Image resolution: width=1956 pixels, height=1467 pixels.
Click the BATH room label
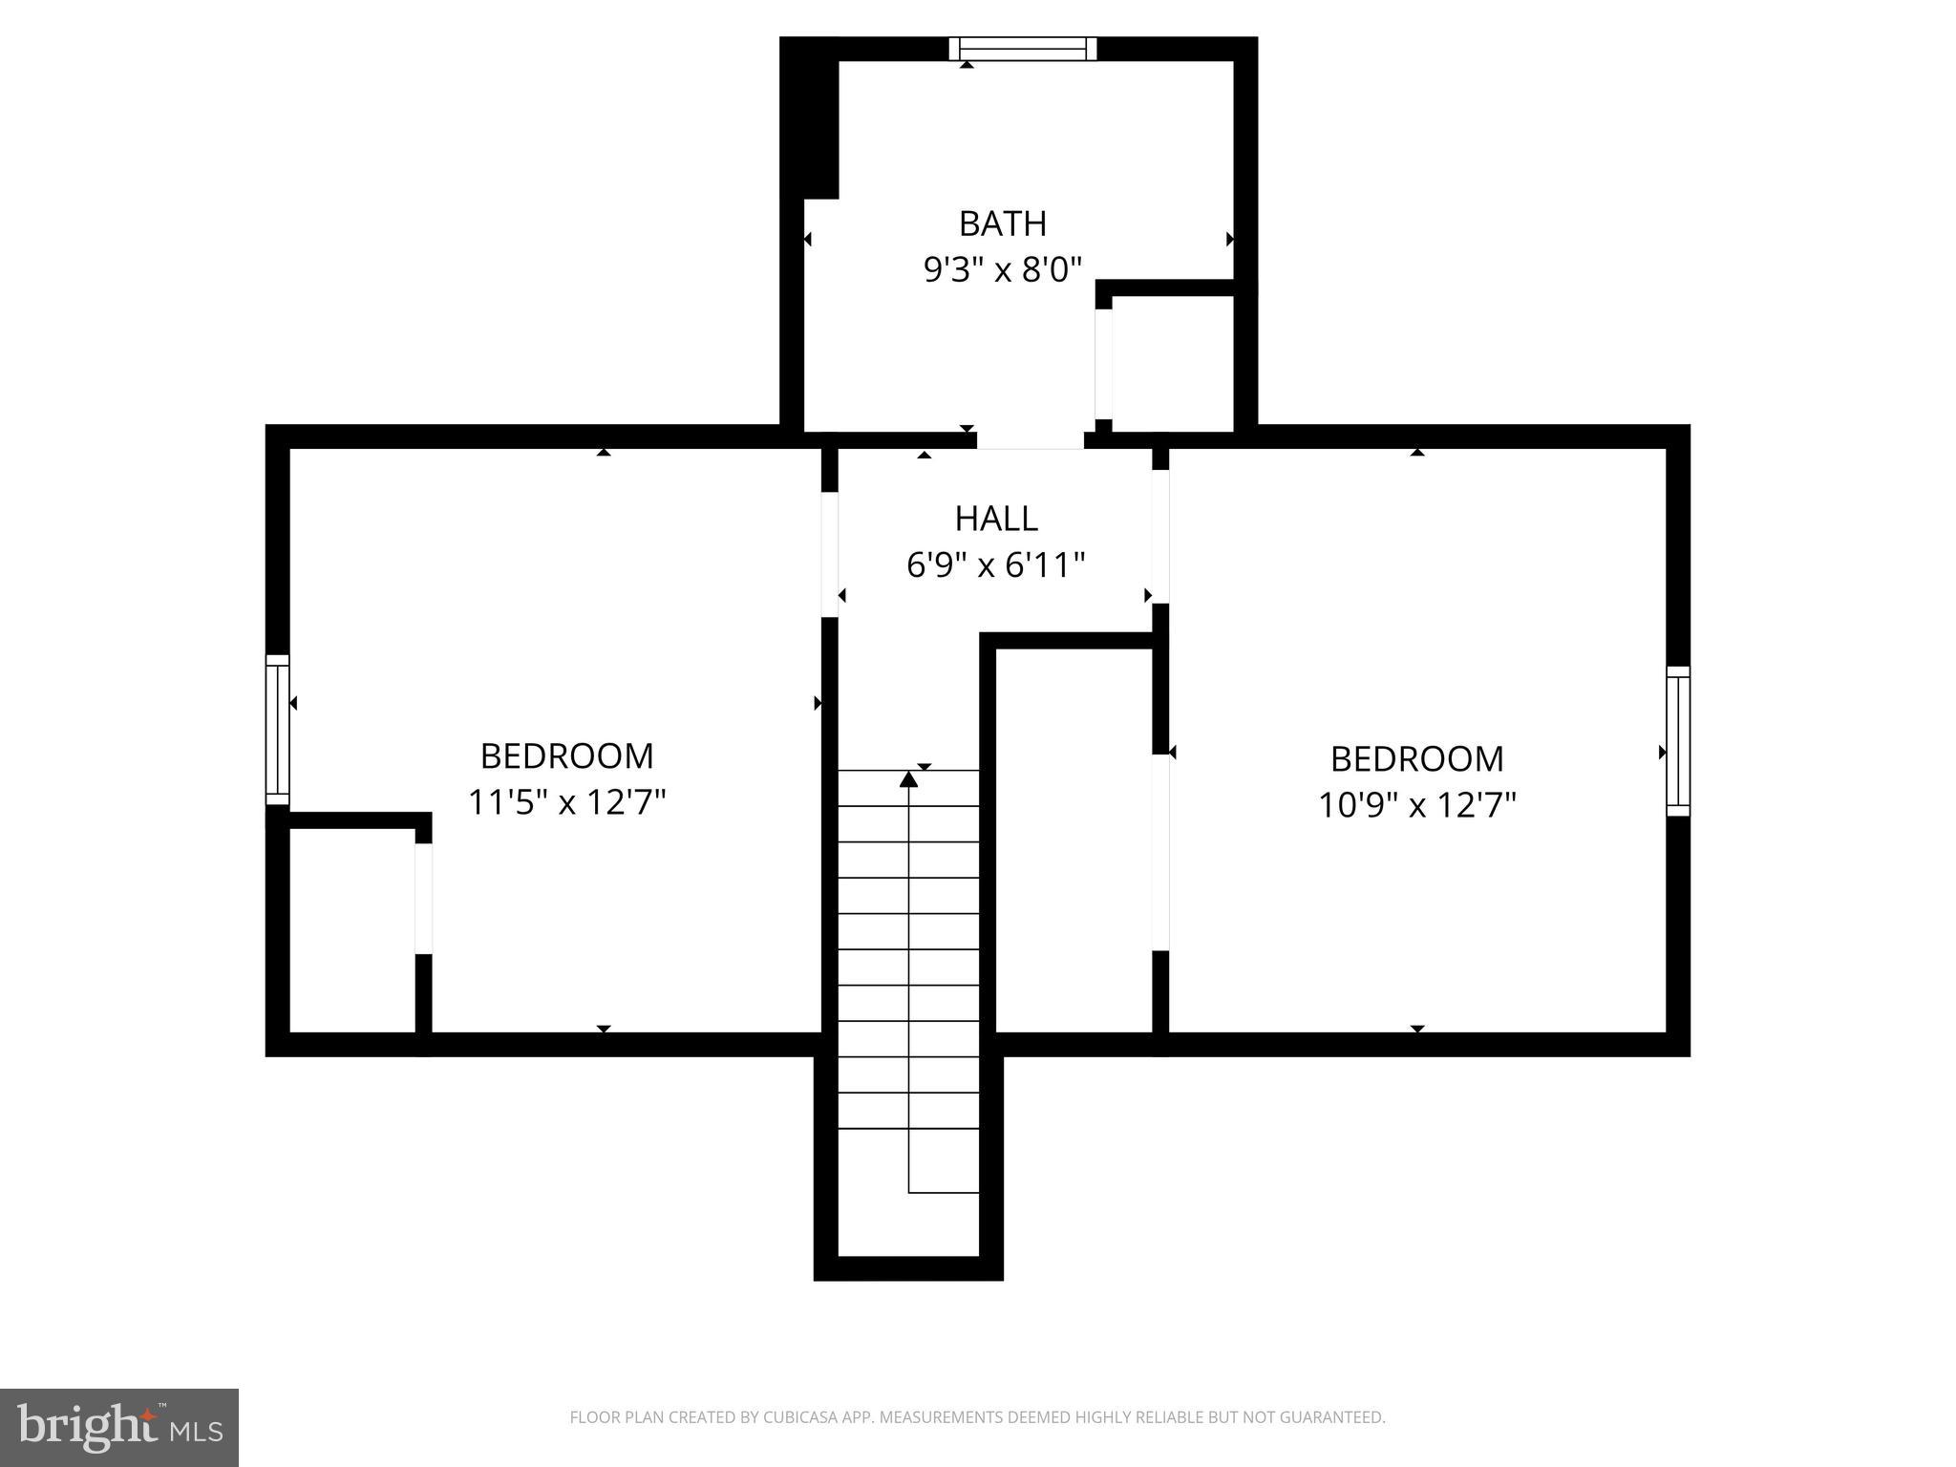1002,223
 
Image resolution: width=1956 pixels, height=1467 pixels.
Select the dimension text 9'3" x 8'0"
1002,270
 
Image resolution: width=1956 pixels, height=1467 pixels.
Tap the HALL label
995,519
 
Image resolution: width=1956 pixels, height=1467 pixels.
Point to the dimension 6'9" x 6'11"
995,565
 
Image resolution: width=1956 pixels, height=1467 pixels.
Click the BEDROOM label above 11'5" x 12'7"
566,756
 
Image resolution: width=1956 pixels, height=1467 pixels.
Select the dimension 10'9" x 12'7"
1416,806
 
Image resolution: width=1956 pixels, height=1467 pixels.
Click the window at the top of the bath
1023,49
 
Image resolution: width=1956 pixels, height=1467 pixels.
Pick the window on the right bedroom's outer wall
1678,741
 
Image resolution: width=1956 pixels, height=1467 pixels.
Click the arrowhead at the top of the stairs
908,780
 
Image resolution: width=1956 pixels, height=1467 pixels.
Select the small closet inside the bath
1173,363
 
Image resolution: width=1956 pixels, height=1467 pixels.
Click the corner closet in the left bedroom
351,929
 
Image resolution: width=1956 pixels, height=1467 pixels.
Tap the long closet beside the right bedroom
1074,840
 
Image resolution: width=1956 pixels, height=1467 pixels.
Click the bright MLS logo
119,1427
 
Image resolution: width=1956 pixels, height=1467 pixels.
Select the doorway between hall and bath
1030,440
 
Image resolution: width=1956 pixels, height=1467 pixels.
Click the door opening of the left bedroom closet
423,898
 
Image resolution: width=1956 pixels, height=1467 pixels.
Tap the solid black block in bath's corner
810,119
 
